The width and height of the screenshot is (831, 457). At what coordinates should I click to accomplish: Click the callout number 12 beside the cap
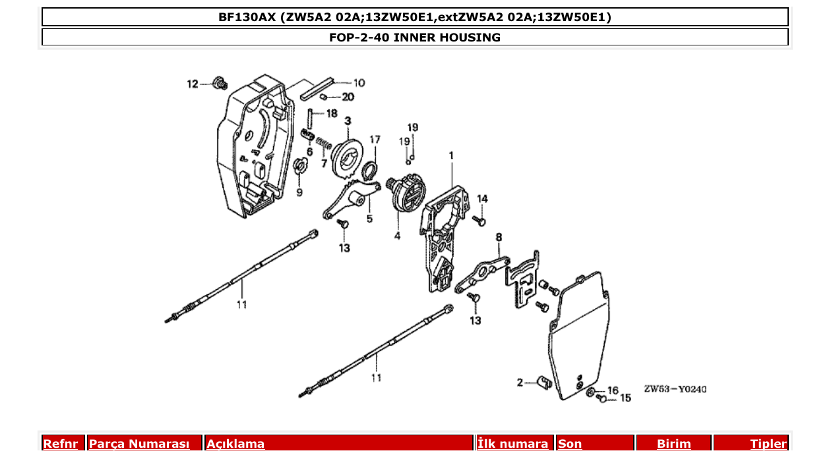coord(192,84)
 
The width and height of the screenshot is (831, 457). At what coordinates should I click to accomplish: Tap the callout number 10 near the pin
coord(359,83)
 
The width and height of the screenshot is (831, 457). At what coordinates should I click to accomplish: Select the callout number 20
coord(348,97)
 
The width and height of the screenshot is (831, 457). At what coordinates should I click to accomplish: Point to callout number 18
coord(332,113)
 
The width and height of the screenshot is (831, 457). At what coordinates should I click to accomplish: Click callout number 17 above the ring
coord(375,140)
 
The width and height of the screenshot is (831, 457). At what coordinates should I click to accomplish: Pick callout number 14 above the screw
coord(482,199)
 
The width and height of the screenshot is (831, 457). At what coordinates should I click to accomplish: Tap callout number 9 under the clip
coord(299,192)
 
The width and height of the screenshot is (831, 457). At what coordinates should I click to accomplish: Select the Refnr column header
coord(60,444)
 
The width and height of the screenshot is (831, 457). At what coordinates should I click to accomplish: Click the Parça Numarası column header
coord(139,444)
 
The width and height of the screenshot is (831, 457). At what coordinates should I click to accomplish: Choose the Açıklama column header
coord(235,444)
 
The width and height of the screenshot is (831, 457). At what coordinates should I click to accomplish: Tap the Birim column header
coord(673,444)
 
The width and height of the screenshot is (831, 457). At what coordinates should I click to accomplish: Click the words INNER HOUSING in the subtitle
coord(446,38)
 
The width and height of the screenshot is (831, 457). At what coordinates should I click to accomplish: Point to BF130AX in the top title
coord(247,17)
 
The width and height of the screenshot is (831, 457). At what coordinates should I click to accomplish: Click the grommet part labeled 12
coord(220,83)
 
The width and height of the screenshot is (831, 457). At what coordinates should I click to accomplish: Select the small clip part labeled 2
coord(544,383)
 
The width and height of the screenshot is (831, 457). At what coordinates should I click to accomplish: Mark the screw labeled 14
coord(480,221)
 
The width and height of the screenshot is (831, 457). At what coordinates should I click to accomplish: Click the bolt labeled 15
coord(601,400)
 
